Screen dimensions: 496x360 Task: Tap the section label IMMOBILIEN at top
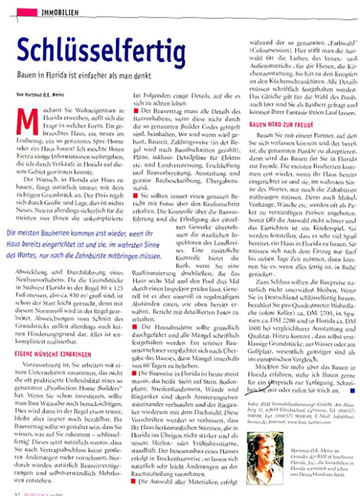60,13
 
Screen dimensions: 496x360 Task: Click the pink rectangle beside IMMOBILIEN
27,12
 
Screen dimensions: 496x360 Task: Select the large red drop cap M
27,121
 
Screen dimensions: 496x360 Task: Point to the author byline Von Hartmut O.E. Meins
40,95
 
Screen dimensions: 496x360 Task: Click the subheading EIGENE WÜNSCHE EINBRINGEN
53,354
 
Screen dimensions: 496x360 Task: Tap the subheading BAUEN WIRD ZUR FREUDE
281,125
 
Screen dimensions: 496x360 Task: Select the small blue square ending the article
352,390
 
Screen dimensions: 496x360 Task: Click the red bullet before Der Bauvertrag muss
136,111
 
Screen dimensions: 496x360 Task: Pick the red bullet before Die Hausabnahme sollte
135,327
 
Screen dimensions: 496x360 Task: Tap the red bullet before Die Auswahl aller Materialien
133,481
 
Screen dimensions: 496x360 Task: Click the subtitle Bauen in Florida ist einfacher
84,76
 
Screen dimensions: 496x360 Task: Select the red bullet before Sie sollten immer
135,195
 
